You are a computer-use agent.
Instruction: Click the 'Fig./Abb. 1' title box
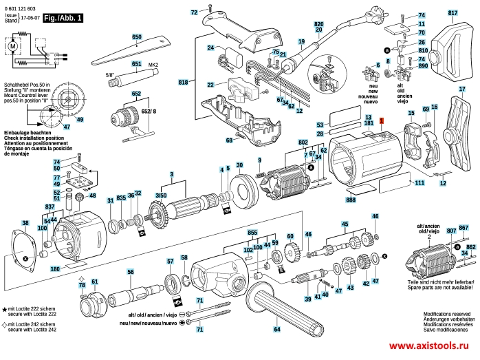(x=63, y=19)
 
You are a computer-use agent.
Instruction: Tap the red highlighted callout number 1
(x=382, y=120)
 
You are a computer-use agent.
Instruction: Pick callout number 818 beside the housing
(x=183, y=83)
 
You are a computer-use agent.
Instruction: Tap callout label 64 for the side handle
(x=277, y=330)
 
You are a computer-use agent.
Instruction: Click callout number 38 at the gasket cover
(x=25, y=223)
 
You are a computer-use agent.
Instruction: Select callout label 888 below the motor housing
(x=351, y=199)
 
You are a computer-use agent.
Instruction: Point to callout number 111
(x=419, y=183)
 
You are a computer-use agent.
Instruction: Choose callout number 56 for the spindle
(x=130, y=272)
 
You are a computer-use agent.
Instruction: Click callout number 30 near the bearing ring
(x=239, y=165)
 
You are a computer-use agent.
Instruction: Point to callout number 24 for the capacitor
(x=212, y=47)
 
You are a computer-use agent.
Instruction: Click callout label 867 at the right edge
(x=463, y=228)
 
